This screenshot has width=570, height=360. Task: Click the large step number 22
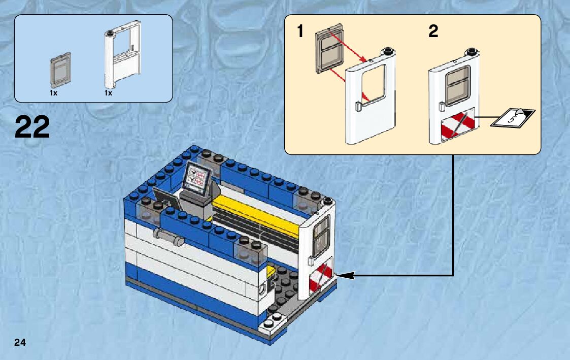click(x=33, y=127)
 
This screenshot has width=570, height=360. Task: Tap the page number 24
click(x=20, y=342)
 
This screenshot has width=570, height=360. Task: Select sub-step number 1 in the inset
click(x=300, y=32)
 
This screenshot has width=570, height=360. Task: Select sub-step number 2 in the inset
click(x=433, y=32)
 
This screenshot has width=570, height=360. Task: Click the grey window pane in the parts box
click(x=60, y=68)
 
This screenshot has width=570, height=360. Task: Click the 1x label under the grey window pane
click(x=53, y=93)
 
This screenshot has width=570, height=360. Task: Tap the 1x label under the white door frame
click(x=108, y=93)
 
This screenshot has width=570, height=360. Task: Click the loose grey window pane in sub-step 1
click(x=329, y=51)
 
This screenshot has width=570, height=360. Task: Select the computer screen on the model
click(x=197, y=178)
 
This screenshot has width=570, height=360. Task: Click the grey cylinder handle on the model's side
click(x=167, y=237)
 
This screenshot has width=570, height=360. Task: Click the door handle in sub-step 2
click(x=441, y=106)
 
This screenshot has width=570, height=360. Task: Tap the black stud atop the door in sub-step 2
click(x=472, y=51)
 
